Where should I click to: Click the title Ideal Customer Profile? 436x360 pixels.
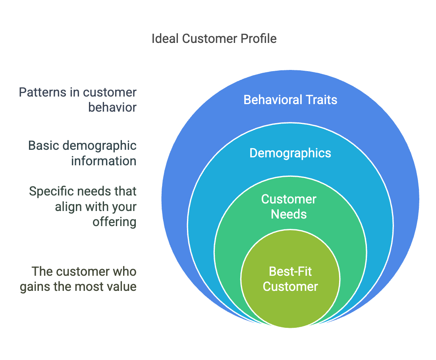[214, 39]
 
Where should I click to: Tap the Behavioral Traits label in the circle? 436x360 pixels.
[290, 99]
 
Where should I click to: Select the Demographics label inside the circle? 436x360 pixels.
[290, 153]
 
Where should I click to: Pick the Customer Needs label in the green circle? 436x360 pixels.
[289, 207]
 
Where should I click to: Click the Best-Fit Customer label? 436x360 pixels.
[290, 279]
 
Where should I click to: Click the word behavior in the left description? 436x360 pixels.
[112, 108]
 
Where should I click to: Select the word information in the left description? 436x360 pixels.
[104, 161]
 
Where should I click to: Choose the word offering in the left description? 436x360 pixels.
[114, 222]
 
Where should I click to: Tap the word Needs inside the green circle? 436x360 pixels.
[289, 215]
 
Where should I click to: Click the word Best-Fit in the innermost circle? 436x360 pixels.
[290, 272]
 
